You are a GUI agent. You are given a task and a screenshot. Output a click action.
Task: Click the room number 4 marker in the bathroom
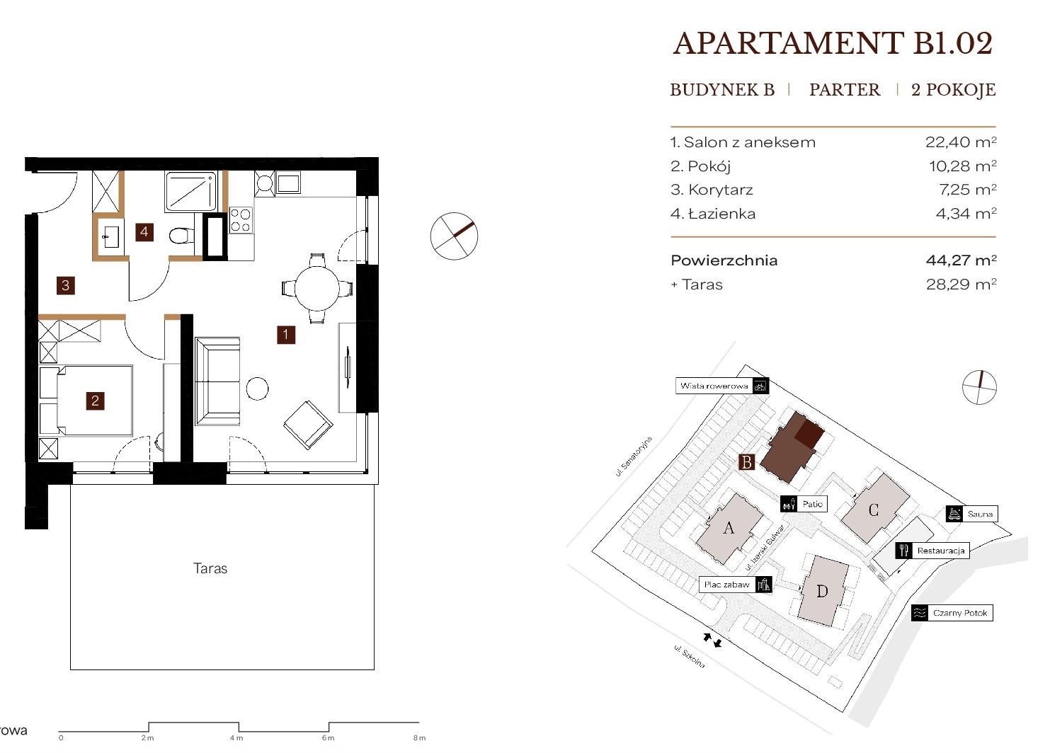144,232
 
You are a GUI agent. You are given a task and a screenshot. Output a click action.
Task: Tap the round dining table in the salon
317,288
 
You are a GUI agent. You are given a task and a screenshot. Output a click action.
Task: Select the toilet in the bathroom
181,236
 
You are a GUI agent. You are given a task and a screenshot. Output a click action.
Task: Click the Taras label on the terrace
210,568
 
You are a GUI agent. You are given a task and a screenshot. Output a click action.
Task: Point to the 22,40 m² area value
961,142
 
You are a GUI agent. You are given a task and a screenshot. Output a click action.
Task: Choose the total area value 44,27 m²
961,260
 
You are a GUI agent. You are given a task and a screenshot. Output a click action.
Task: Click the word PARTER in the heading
845,90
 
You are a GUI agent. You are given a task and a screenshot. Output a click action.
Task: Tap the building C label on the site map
873,510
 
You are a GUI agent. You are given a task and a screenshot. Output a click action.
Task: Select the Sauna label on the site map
980,514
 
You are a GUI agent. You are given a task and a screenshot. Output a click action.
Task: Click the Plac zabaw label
727,585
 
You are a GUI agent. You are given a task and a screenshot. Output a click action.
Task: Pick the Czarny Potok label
960,613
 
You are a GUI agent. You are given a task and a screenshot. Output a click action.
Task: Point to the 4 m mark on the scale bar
236,738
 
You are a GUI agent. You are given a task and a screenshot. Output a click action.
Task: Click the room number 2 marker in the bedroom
95,401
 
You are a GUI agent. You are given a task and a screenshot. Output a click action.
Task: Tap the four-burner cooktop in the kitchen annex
241,221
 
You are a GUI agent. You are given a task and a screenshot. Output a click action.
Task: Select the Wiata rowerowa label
714,386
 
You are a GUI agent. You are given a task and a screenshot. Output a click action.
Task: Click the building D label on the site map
822,592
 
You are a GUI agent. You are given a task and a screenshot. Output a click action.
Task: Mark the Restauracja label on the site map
941,551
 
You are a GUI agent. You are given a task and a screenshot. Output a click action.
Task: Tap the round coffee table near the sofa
257,389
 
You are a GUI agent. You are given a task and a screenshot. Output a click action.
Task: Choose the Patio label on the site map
812,504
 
